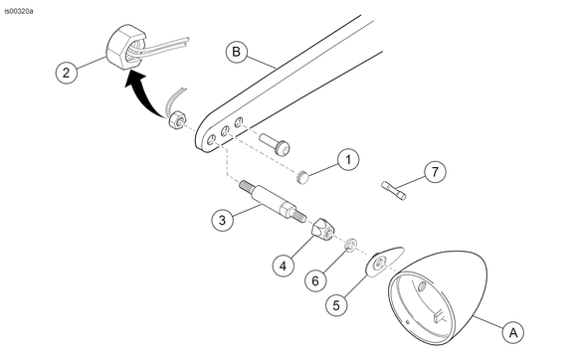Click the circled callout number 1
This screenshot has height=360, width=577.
point(348,160)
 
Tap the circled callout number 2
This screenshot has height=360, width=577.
point(67,72)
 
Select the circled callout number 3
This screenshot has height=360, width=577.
point(222,220)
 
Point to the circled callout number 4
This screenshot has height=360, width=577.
point(283,266)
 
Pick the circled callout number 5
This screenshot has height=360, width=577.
point(336,305)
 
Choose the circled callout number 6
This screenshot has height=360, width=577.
point(315,281)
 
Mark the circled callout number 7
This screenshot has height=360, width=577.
point(435,172)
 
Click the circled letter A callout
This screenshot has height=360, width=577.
point(513,332)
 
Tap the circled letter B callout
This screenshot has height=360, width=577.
point(236,52)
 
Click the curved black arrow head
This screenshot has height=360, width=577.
point(134,80)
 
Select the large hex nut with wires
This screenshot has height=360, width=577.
point(125,48)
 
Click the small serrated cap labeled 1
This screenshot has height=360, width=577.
point(302,176)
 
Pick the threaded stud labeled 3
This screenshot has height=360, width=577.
point(273,201)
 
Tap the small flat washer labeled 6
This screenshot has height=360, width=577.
point(351,244)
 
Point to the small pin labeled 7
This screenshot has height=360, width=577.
point(394,190)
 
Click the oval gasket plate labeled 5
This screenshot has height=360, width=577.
point(383,262)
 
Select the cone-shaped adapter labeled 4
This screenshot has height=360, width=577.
point(322,229)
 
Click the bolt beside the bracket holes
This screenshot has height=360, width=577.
point(275,144)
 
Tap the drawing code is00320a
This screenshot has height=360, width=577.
point(19,11)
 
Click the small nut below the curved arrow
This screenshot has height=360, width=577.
point(177,119)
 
